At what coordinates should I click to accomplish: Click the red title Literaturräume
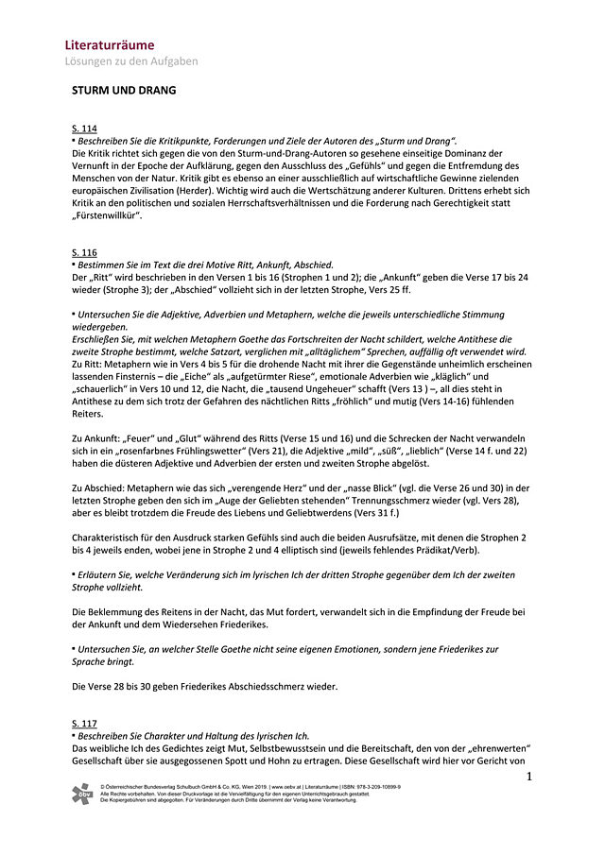[110, 44]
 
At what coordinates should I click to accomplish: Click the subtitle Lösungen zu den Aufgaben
[131, 61]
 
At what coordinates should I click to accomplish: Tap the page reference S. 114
[84, 128]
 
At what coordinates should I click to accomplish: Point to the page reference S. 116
[84, 252]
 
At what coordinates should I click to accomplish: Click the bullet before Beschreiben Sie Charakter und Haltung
[74, 734]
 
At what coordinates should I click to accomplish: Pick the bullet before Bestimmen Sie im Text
[74, 265]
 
